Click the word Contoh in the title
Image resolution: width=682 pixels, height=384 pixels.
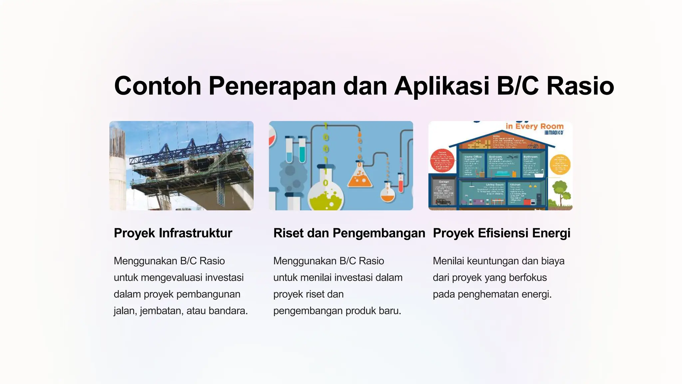(x=158, y=86)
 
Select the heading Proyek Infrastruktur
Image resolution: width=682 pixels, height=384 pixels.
(x=173, y=233)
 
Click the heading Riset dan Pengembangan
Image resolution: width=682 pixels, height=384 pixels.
(x=349, y=233)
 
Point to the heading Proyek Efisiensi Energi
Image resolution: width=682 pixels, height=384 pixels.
(x=502, y=233)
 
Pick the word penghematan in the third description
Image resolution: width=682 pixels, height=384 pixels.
(x=488, y=294)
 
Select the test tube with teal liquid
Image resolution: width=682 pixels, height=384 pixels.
(x=302, y=150)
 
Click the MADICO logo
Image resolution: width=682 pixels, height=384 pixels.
(x=554, y=133)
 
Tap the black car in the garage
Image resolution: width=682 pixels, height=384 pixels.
(x=443, y=202)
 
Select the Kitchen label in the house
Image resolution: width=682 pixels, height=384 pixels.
(x=515, y=184)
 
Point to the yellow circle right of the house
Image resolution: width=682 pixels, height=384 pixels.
(x=560, y=165)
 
